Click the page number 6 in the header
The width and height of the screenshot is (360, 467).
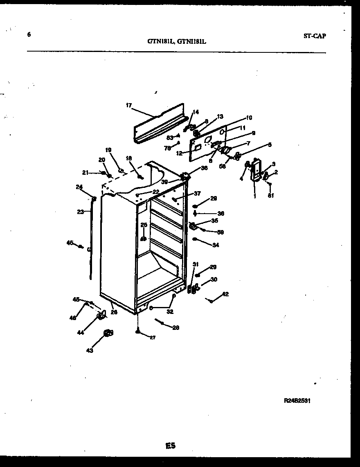coord(29,35)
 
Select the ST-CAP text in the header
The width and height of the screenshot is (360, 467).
coord(315,36)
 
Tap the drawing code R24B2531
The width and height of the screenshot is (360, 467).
coord(297,402)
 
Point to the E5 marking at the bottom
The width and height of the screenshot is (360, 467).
coord(171,446)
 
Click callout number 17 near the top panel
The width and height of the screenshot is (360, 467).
coord(128,105)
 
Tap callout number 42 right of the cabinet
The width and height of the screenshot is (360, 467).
coord(225,294)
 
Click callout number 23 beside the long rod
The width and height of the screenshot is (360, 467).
coord(81,212)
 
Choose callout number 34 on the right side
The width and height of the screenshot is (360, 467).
coord(216,245)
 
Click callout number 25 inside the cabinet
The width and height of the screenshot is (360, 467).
coord(144,225)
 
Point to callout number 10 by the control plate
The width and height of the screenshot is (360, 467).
coord(249,117)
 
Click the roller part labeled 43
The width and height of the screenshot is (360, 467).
coord(108,334)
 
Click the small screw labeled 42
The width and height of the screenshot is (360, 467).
coord(211,301)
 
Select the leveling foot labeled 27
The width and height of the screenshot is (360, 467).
coord(139,332)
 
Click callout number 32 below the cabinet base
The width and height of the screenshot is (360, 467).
coord(170,311)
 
